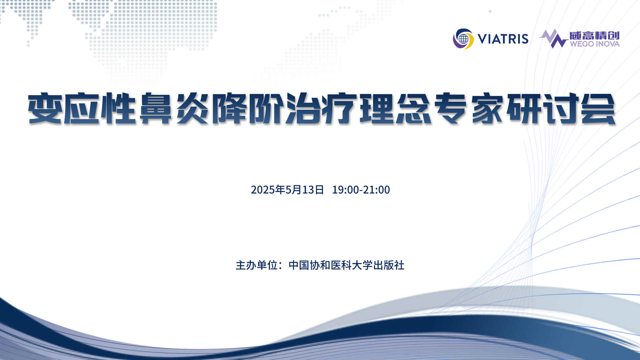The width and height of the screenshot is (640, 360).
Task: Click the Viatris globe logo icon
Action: point(463,39)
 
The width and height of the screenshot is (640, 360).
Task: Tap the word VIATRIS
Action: point(503,39)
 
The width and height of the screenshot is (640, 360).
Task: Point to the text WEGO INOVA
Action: point(595,44)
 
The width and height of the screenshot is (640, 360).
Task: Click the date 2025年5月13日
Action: point(287,190)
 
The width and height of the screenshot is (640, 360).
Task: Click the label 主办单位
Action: point(257,265)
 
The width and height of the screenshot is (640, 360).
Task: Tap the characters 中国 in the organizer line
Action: point(299,265)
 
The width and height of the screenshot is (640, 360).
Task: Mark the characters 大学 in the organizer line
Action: point(362,265)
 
